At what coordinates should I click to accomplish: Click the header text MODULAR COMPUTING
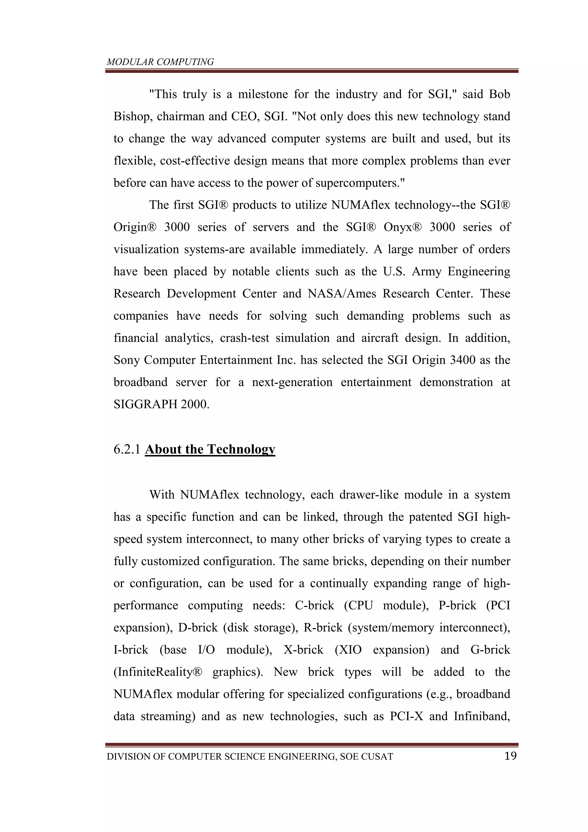[160, 62]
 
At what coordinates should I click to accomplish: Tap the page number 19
[510, 756]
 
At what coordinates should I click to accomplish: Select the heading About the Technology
[210, 449]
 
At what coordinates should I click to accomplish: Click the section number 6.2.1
[127, 449]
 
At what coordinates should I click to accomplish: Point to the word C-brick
[314, 605]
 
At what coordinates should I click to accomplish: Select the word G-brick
[490, 650]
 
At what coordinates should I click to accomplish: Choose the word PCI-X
[407, 716]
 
